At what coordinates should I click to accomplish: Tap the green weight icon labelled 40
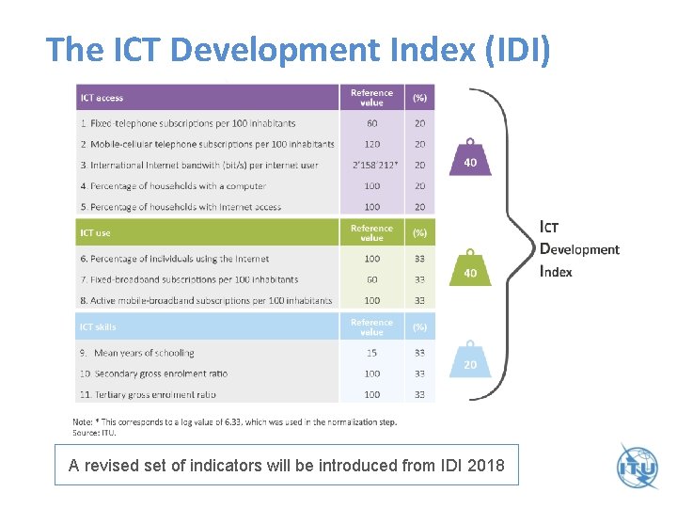[470, 269]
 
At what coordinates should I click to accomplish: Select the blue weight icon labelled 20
[471, 359]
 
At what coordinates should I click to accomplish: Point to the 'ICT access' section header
[102, 98]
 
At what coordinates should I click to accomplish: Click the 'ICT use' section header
[96, 232]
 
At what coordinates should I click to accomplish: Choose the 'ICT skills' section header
[99, 326]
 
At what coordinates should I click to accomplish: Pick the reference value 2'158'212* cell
[372, 166]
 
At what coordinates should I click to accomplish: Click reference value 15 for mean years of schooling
[372, 353]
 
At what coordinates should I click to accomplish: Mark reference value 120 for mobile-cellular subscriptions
[372, 145]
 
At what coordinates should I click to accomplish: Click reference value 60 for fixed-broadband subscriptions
[372, 279]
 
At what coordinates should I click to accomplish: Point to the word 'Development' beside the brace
[579, 249]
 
